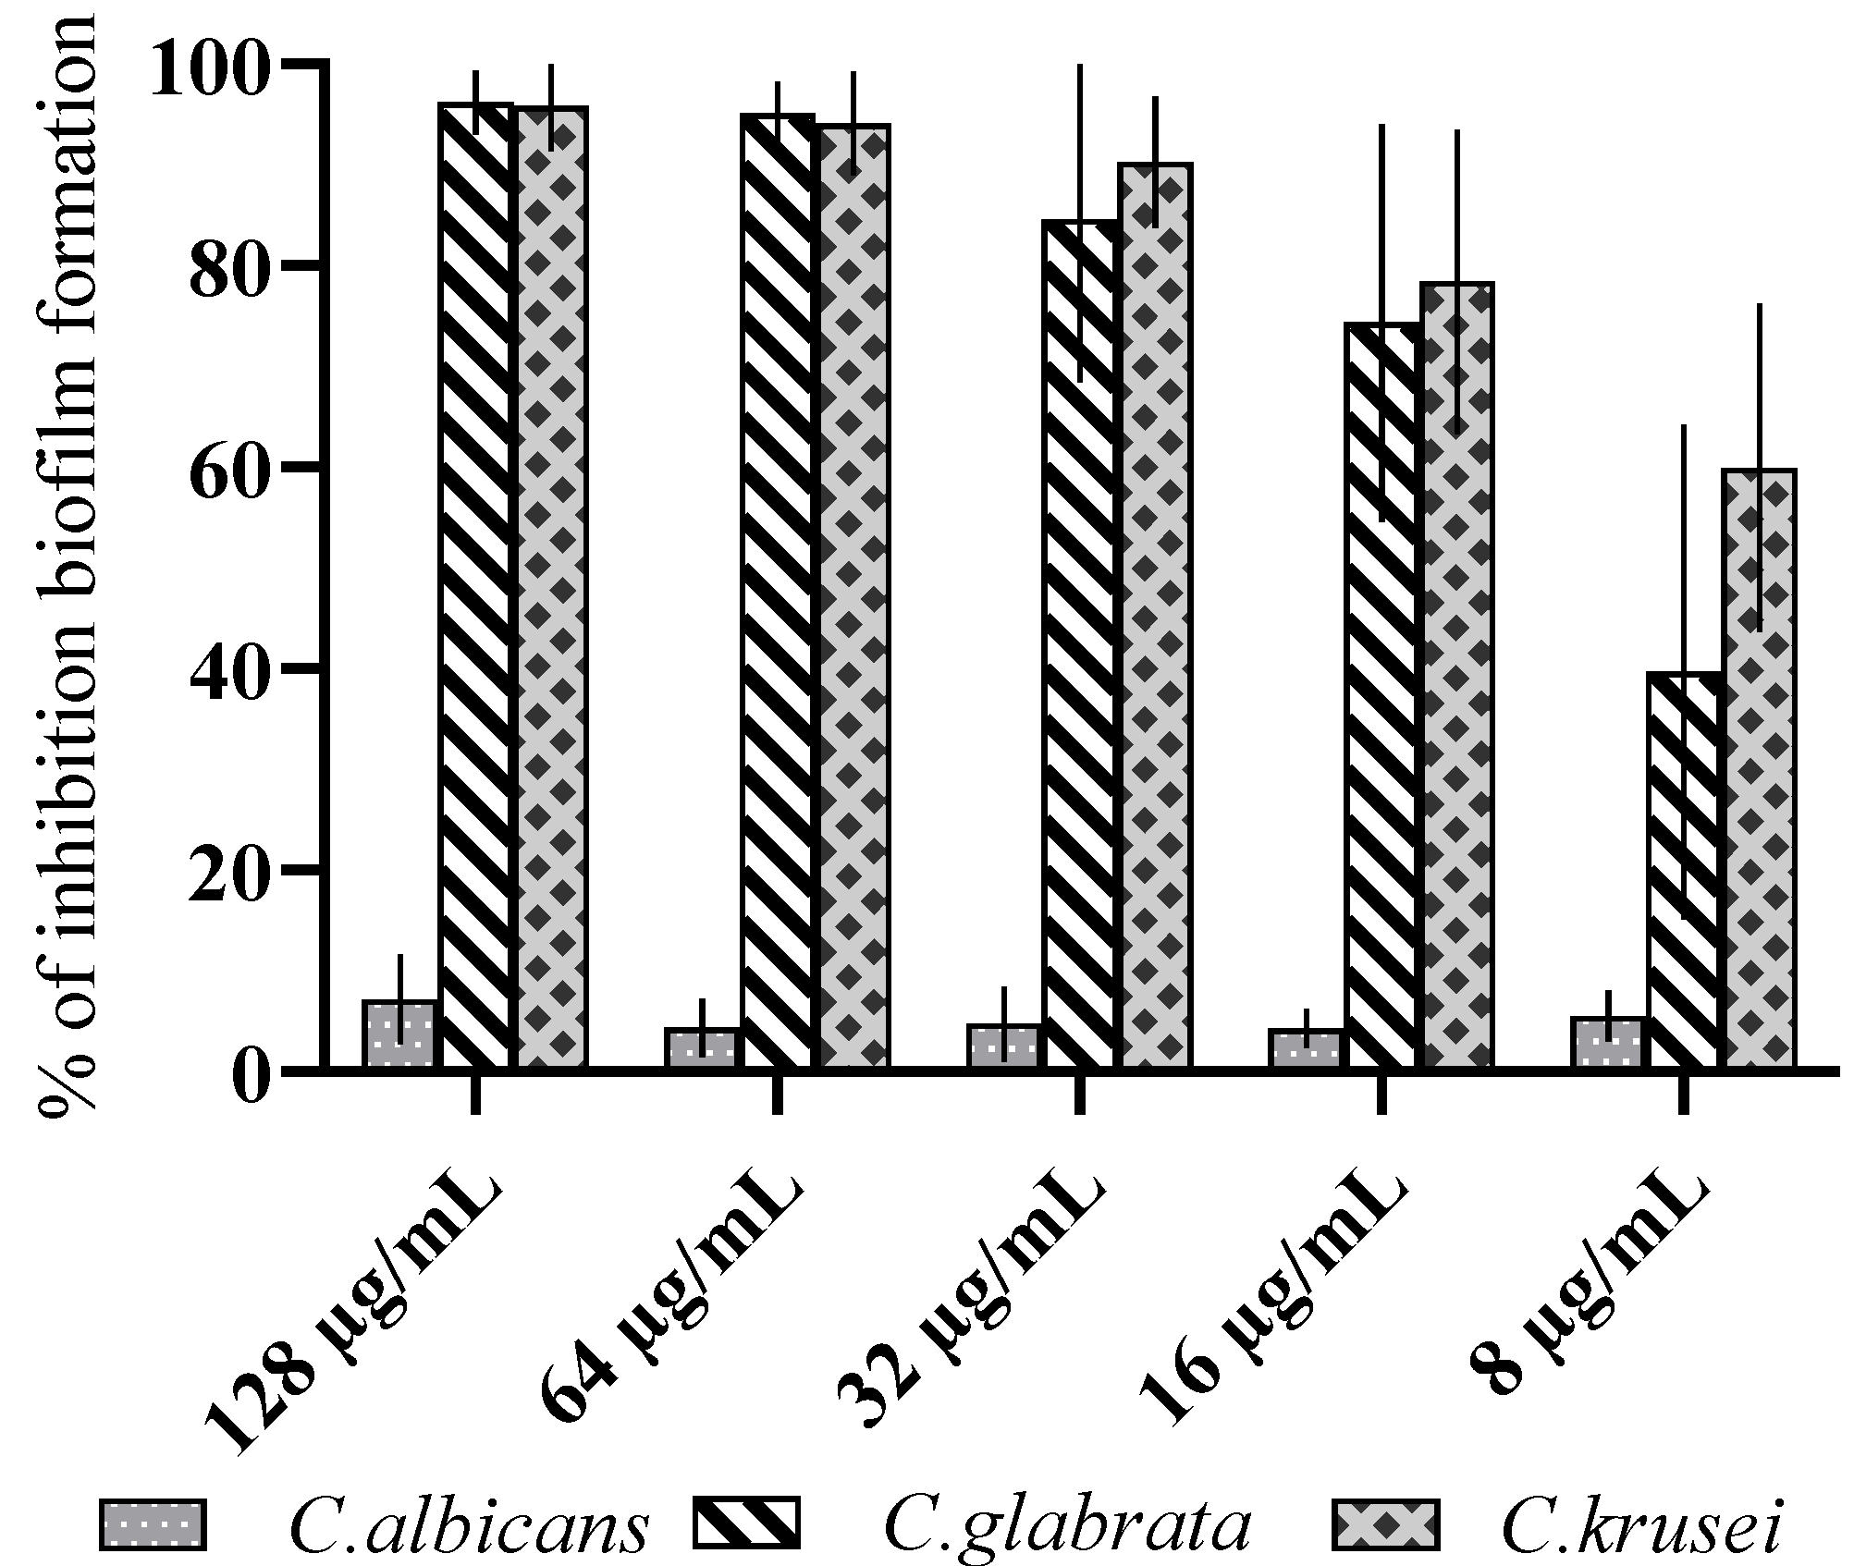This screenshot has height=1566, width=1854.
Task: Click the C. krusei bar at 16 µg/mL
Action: [1458, 676]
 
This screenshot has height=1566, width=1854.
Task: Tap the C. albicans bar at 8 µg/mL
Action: [1609, 1044]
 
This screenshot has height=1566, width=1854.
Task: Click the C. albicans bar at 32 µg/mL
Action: [1004, 1047]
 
